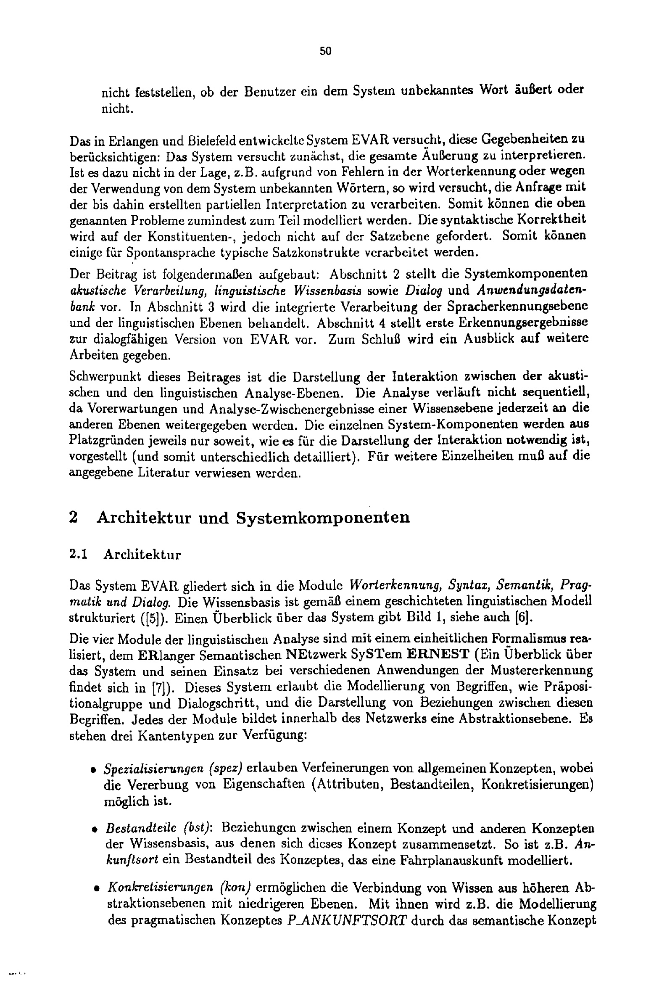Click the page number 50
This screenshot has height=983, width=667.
coord(326,51)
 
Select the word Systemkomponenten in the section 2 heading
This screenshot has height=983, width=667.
coord(323,518)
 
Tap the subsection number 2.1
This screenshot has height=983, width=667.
coord(78,555)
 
